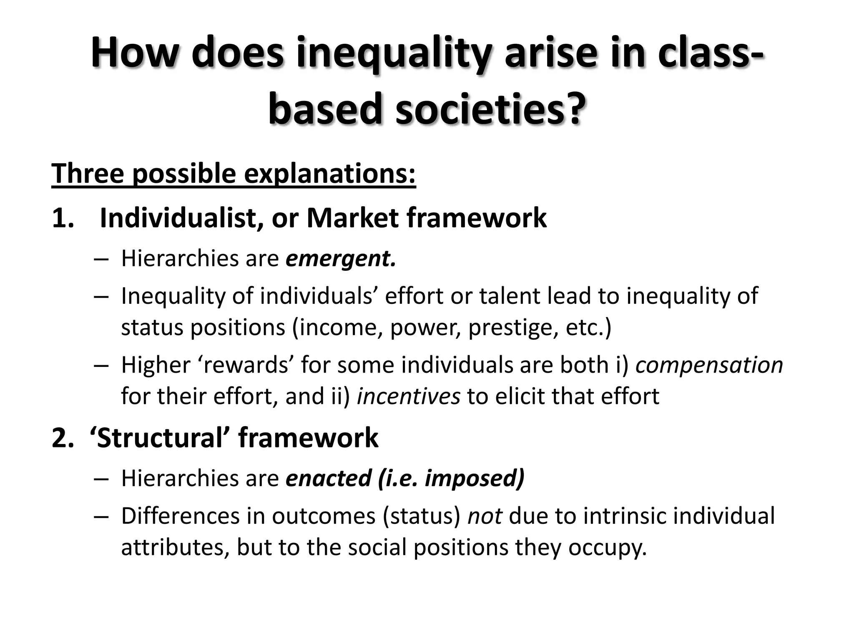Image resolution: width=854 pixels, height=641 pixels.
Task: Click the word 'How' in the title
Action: (x=133, y=53)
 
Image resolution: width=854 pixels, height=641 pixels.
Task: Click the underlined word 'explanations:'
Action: (x=330, y=173)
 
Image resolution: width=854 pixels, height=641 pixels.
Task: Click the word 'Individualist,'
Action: (x=182, y=218)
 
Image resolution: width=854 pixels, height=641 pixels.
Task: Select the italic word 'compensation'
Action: (x=709, y=365)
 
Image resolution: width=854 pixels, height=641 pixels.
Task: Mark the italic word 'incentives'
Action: (x=409, y=396)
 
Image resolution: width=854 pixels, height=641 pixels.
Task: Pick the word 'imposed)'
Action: (x=475, y=478)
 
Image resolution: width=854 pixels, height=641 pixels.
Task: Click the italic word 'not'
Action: (x=485, y=516)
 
